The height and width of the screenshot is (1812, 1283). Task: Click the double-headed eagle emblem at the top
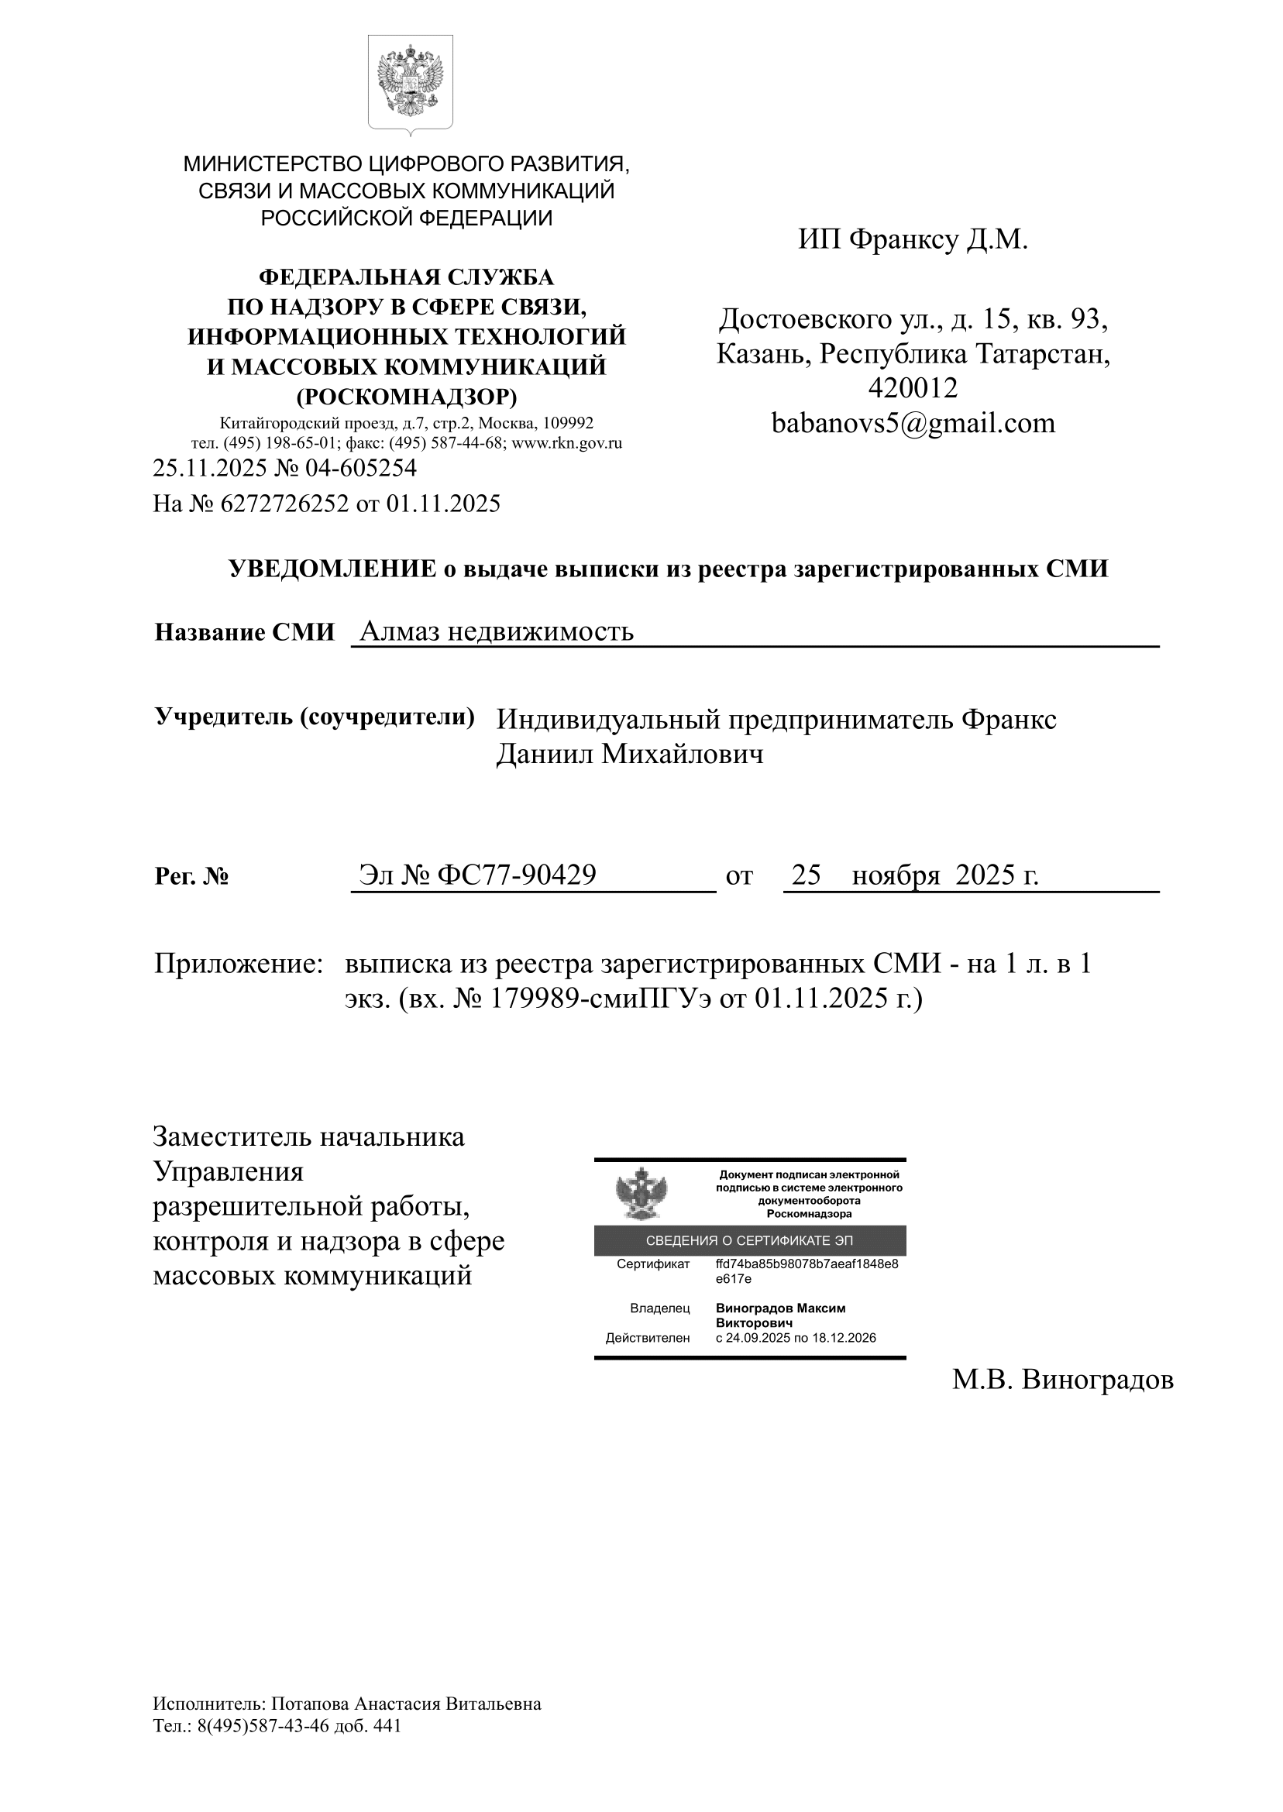coord(410,81)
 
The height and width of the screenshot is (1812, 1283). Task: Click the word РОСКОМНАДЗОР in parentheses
coord(407,396)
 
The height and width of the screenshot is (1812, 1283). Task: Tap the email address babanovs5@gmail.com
coord(913,424)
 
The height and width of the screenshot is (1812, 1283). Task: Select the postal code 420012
coord(913,388)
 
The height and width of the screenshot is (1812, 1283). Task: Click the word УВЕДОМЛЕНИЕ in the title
coord(332,569)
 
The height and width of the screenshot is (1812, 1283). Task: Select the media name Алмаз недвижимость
coord(496,631)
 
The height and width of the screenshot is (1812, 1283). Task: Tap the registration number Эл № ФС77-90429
coord(477,875)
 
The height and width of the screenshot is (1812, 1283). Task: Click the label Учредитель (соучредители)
coord(315,717)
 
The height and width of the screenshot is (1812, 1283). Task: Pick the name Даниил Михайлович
coord(630,755)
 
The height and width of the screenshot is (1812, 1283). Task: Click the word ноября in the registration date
coord(895,875)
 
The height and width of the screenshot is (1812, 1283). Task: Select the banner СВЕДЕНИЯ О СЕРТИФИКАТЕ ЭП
coord(749,1240)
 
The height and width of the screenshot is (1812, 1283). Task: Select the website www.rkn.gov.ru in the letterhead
coord(566,443)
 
